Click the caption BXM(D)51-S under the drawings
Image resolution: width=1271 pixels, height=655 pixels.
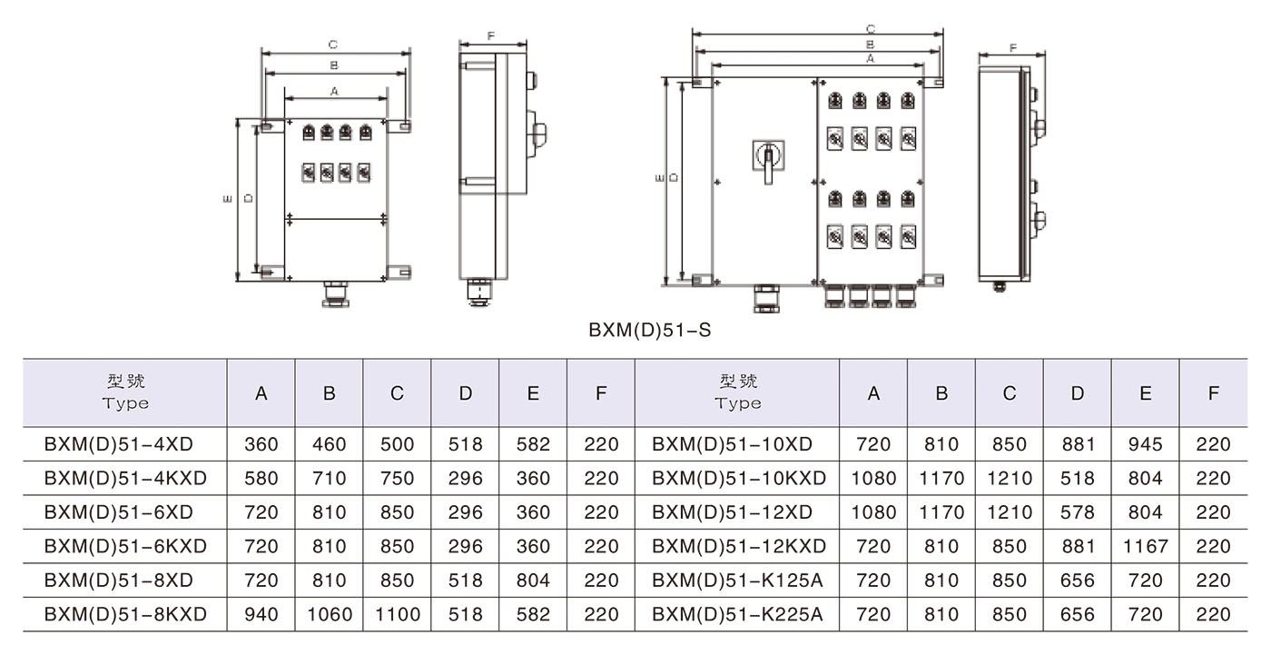[649, 331]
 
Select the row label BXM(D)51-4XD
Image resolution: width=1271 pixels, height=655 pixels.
[118, 444]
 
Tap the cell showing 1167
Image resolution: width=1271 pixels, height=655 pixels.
[1145, 546]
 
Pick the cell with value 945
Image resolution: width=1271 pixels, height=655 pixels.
[1145, 444]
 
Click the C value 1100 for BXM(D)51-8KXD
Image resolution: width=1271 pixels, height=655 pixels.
[397, 614]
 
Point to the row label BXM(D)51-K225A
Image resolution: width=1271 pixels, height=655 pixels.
[737, 614]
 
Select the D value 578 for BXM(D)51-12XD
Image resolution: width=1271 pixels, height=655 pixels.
[1077, 512]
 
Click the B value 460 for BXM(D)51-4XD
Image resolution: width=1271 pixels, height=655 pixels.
[329, 444]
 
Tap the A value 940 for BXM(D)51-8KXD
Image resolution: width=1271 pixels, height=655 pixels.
[261, 614]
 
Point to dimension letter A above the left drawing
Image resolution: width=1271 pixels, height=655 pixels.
[334, 91]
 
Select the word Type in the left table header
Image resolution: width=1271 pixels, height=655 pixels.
[125, 403]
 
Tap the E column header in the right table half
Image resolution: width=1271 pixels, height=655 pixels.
[1145, 393]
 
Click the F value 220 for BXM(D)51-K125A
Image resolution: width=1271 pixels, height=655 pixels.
[1213, 581]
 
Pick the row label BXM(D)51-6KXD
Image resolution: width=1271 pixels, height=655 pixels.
[125, 546]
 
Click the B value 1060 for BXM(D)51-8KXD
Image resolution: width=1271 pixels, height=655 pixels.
[329, 614]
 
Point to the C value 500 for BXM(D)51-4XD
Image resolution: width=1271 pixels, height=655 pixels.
[397, 444]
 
